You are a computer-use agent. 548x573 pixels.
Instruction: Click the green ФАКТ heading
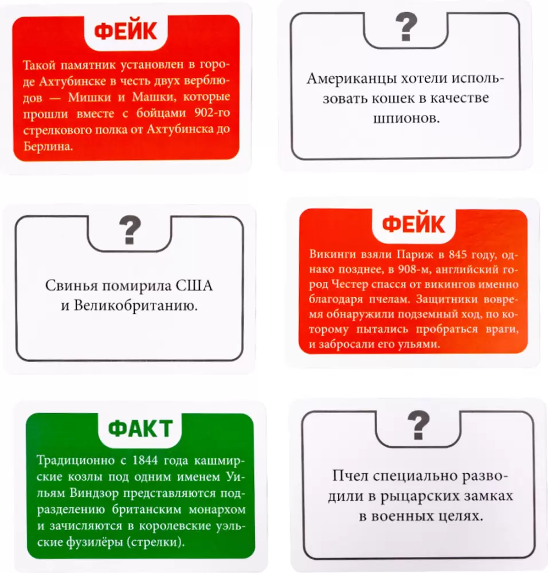pyautogui.click(x=140, y=428)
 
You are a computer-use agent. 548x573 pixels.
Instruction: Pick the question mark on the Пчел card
pyautogui.click(x=418, y=426)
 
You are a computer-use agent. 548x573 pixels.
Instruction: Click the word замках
pyautogui.click(x=486, y=496)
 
